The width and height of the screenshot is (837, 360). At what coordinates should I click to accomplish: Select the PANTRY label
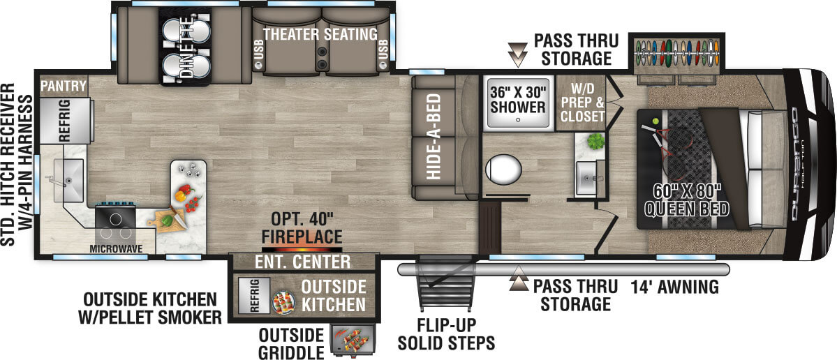click(63, 87)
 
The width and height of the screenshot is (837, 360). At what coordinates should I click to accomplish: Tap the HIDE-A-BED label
click(434, 136)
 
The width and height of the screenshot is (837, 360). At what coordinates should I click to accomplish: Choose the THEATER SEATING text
click(320, 33)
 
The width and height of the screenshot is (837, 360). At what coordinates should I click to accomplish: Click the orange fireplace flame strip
click(302, 248)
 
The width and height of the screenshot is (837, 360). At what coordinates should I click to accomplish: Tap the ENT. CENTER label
click(302, 262)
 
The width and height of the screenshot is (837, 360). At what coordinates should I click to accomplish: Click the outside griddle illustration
click(353, 340)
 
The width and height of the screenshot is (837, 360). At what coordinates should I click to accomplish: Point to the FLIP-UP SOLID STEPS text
click(446, 334)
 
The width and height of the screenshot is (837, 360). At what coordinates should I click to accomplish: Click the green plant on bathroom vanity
click(595, 142)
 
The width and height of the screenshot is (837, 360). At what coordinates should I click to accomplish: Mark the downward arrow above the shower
click(517, 52)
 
